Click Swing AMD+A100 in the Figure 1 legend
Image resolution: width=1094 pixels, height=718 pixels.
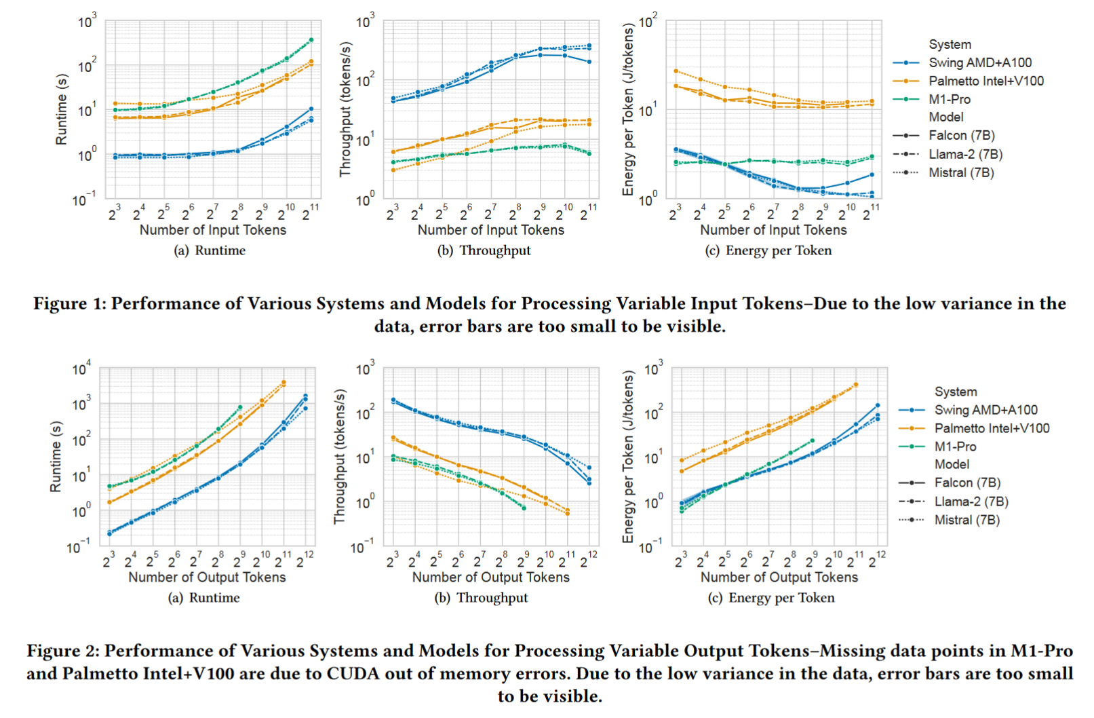[979, 62]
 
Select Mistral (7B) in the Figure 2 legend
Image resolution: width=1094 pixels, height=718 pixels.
[966, 520]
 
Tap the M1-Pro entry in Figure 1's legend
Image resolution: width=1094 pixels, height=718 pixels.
[949, 99]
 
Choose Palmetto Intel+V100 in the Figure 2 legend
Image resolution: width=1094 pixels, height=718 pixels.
[992, 428]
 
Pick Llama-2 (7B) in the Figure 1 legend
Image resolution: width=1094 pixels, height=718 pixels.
[965, 154]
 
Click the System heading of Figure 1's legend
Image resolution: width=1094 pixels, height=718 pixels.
[950, 44]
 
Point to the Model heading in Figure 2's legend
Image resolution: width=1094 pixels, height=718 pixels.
[952, 464]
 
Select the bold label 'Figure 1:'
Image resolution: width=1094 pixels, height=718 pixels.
[70, 303]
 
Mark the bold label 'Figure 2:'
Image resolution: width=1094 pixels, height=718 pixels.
[63, 651]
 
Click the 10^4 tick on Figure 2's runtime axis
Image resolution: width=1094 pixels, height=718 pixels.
[81, 370]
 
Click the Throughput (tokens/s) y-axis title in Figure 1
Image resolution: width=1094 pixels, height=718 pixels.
[346, 109]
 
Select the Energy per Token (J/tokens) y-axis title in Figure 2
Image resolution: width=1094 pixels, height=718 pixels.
[629, 456]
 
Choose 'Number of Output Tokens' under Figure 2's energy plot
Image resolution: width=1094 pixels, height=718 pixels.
[779, 578]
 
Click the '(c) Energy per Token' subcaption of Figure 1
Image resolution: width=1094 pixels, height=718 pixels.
[768, 250]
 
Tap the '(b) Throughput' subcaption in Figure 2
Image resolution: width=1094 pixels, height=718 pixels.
[481, 598]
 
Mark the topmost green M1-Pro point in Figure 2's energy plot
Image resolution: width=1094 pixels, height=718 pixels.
[813, 441]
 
